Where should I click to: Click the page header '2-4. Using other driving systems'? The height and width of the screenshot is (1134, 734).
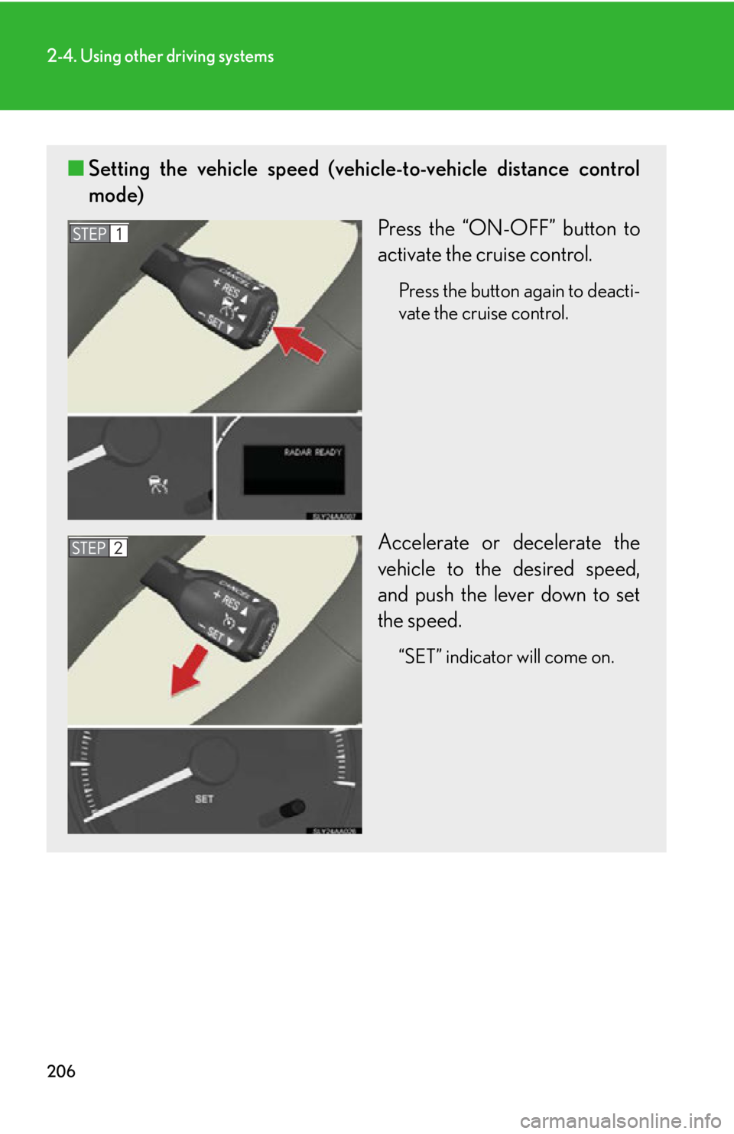[160, 57]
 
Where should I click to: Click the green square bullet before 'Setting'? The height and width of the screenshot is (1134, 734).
[75, 168]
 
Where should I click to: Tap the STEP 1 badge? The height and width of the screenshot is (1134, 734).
[99, 234]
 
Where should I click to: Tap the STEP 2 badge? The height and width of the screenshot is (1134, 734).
[98, 548]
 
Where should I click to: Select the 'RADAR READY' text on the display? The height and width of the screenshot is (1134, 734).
[313, 452]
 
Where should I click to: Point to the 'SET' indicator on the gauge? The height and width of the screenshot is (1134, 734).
[204, 799]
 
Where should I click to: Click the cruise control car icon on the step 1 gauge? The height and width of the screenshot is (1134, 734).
[158, 484]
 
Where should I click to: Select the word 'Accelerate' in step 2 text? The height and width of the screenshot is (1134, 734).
[423, 543]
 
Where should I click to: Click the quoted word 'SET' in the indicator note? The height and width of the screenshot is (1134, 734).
[420, 657]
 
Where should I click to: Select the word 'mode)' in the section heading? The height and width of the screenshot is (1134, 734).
[116, 195]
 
